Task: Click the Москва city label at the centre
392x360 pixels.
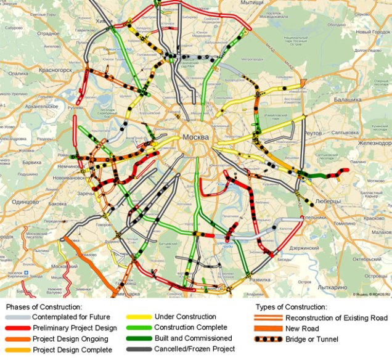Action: coord(196,137)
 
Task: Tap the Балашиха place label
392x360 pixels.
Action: coord(349,99)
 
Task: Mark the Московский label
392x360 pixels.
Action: coord(65,266)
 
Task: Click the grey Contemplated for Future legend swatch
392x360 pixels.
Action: coord(20,317)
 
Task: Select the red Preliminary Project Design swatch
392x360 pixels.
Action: coord(20,328)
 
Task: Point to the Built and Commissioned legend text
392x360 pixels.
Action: coord(193,338)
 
